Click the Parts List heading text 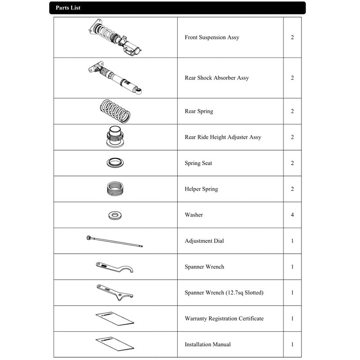point(68,8)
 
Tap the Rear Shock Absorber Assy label point(216,78)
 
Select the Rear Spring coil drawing point(115,111)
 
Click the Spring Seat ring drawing point(115,163)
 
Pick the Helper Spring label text point(201,189)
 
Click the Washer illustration point(115,215)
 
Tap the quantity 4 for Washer point(292,215)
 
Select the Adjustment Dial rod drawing point(115,241)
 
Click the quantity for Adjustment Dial point(292,241)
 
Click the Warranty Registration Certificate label point(224,319)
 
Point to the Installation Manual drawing point(115,344)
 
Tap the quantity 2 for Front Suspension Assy point(292,37)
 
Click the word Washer point(193,215)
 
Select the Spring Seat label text point(198,163)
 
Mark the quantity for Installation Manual point(292,345)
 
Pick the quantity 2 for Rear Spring point(292,111)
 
